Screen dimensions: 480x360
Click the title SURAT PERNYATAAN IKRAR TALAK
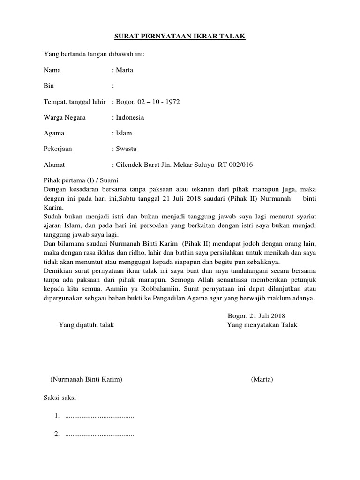(180, 37)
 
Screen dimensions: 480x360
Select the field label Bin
(48, 86)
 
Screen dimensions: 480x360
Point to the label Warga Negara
(64, 117)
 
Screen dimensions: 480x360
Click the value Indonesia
(130, 117)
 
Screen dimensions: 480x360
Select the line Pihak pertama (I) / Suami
(81, 180)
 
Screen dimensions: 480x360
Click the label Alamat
(54, 165)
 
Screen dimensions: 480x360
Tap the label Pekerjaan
(58, 149)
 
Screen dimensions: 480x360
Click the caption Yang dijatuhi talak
(86, 325)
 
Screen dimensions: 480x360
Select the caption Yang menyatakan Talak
(262, 325)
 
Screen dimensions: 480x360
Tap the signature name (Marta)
(262, 379)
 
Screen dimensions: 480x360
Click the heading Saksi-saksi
(60, 398)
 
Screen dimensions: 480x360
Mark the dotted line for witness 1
(99, 416)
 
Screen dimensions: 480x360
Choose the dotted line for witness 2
(99, 434)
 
